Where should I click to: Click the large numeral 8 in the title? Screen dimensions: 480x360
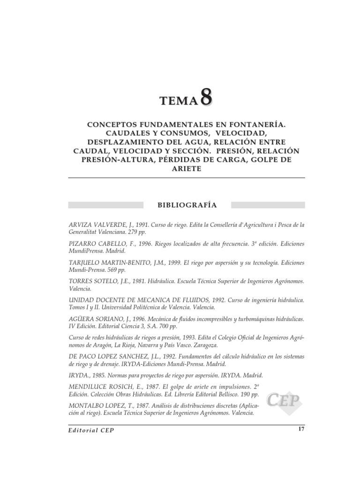[206, 97]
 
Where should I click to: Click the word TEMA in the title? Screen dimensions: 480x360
[179, 101]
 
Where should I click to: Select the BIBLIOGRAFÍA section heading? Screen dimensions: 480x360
[186, 205]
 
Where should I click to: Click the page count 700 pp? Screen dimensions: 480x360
[167, 326]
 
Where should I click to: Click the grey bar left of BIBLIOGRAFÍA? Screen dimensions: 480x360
[106, 205]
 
